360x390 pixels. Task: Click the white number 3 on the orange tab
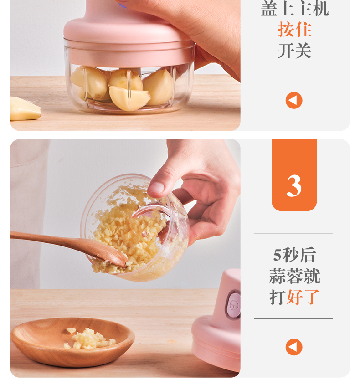294,185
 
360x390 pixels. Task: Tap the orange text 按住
294,29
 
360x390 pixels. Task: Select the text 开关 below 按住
294,51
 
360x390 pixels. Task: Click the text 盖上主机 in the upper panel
294,9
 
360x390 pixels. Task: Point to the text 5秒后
294,255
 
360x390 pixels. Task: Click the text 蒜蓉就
294,276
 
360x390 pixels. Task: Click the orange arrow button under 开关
294,101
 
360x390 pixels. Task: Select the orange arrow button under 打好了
294,347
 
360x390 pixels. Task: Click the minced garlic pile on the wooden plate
88,339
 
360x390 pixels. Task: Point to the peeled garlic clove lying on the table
25,109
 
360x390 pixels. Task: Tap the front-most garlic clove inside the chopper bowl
129,98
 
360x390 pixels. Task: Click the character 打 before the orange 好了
278,297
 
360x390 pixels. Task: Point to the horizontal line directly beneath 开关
293,72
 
